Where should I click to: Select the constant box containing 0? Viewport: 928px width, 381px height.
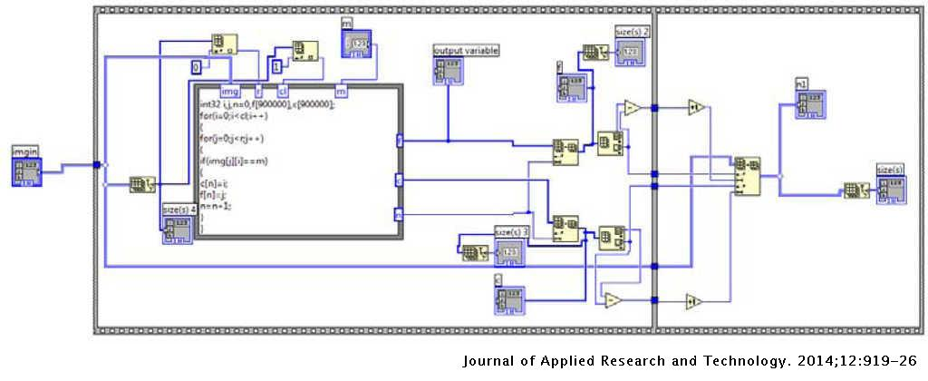click(x=195, y=67)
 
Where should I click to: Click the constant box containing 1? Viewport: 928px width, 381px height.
click(x=277, y=66)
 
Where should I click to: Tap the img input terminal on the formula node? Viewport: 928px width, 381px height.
click(x=231, y=91)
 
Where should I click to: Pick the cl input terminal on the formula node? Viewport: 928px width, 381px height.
click(x=283, y=91)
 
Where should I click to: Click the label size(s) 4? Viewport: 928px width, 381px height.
click(x=179, y=210)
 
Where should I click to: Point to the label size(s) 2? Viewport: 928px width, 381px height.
click(x=633, y=31)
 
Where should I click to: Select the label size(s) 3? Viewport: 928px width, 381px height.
click(x=511, y=231)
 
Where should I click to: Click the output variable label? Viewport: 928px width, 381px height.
click(x=466, y=50)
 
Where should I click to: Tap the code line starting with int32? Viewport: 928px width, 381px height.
click(x=266, y=104)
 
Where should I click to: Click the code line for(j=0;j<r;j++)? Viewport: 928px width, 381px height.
click(x=232, y=138)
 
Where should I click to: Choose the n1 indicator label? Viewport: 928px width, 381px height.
click(x=801, y=83)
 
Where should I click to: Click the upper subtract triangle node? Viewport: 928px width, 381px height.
click(x=632, y=108)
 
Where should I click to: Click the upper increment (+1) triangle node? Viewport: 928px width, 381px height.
click(x=696, y=107)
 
